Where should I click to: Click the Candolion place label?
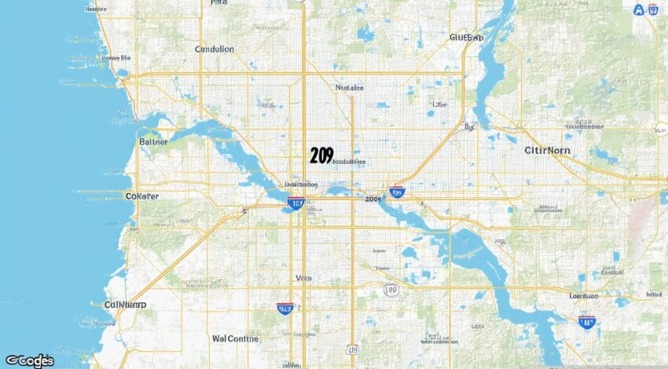coord(215,49)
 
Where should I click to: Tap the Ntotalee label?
coord(350,88)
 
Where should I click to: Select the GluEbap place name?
coord(466,37)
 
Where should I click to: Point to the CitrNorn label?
coord(549,149)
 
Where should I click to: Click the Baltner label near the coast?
coord(153,142)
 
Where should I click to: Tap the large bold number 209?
coord(321,155)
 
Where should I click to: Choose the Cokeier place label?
coord(142,196)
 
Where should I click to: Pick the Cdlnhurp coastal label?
coord(125,305)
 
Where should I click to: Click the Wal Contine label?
coord(235,339)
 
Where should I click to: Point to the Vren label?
coord(303,278)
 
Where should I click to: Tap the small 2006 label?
coord(373,199)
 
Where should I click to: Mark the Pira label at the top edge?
coord(218,3)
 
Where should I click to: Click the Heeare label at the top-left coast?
coord(95,9)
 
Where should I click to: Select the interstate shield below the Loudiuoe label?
coord(586,320)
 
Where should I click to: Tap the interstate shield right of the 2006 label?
coord(397,192)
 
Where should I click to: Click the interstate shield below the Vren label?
coord(286,309)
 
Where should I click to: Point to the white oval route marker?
coord(391,290)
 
